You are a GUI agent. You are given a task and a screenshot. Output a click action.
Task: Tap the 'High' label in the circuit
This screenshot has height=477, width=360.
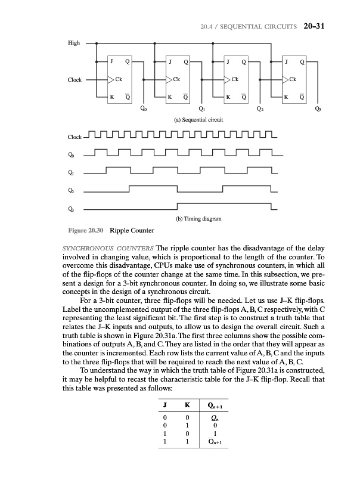pos(73,44)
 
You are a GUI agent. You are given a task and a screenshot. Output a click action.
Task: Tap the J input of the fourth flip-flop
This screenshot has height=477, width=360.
pos(288,61)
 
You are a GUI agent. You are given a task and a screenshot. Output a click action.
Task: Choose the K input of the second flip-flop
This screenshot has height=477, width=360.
pos(170,96)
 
